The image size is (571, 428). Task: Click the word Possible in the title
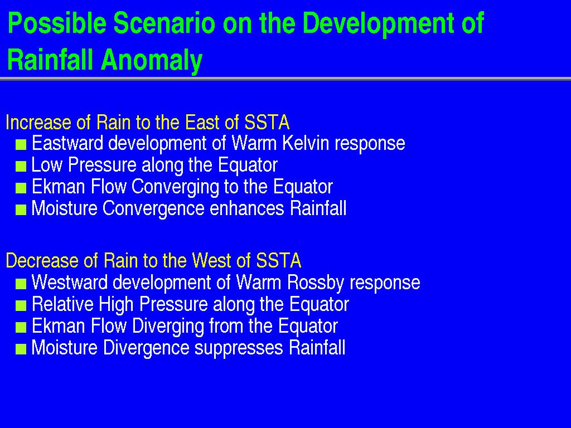pyautogui.click(x=57, y=23)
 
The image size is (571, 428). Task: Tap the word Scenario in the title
pyautogui.click(x=164, y=23)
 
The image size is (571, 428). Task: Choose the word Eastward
pyautogui.click(x=67, y=143)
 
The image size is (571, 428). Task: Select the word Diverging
pyautogui.click(x=168, y=327)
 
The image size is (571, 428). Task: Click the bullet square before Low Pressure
pyautogui.click(x=21, y=167)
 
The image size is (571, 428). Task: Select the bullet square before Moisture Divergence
pyautogui.click(x=21, y=349)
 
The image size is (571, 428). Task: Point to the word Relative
pyautogui.click(x=62, y=304)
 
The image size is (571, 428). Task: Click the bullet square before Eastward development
pyautogui.click(x=21, y=145)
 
